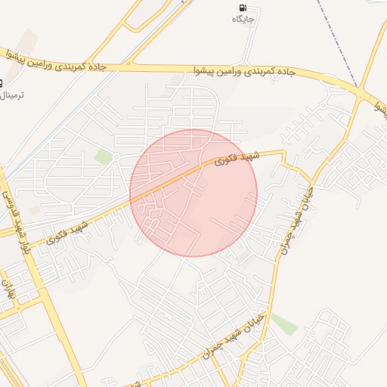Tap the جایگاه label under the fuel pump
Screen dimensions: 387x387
(x=243, y=18)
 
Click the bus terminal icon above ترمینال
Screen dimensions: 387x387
(x=1, y=83)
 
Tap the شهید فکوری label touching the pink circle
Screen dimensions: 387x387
(x=236, y=157)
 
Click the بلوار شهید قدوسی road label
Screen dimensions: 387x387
(x=17, y=219)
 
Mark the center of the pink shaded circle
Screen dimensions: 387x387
(x=193, y=193)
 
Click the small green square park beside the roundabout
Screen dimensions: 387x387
(x=103, y=156)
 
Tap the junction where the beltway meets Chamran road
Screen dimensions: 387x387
(x=364, y=94)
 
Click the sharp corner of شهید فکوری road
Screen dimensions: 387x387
(x=283, y=152)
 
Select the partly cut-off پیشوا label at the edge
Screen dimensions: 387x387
(x=380, y=108)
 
